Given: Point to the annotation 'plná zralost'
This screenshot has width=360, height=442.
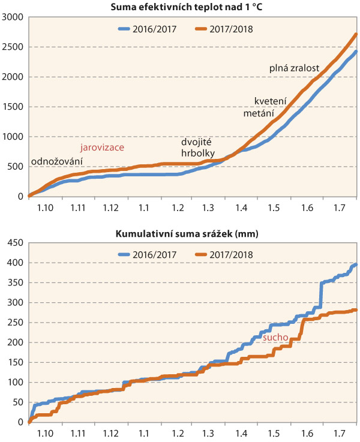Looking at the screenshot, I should [293, 68].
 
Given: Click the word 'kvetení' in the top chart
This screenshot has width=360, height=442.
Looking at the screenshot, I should [270, 101].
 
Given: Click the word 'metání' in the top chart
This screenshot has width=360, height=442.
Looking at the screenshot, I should [259, 113].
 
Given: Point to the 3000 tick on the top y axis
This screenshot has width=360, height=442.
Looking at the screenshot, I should [12, 17].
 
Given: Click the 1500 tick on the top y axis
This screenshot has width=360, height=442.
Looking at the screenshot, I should [12, 107].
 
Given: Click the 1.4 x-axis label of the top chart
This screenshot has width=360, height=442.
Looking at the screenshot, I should [242, 207].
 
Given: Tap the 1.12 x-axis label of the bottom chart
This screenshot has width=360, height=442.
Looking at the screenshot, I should [110, 433].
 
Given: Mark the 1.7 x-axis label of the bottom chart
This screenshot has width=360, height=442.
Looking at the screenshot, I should [340, 433].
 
